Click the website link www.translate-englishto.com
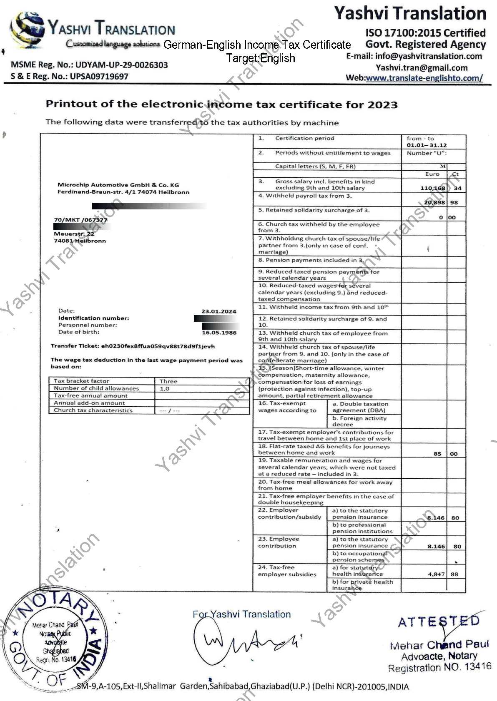point(424,78)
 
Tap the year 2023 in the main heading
point(382,104)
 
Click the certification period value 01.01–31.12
point(427,145)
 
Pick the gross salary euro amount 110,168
point(433,188)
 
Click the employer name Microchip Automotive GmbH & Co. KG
point(118,185)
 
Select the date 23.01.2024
point(218,311)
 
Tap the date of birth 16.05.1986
point(219,333)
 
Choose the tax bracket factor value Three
point(168,381)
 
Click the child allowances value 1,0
point(165,389)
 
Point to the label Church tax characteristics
point(93,410)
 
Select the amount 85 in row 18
point(437,454)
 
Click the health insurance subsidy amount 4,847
point(436,574)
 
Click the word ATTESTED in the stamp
point(439,622)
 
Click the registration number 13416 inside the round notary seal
point(68,659)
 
